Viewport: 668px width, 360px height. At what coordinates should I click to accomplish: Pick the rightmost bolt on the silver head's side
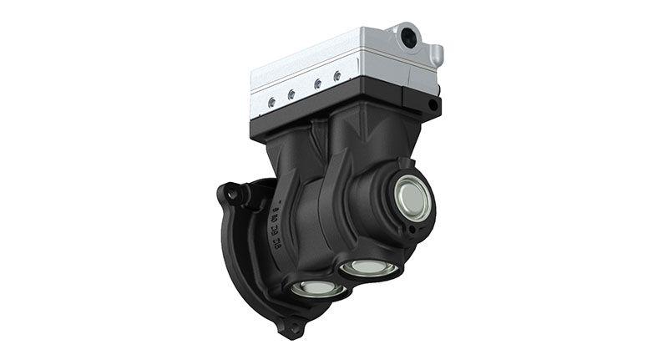pyautogui.click(x=337, y=76)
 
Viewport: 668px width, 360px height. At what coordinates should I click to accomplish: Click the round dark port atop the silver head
pyautogui.click(x=410, y=35)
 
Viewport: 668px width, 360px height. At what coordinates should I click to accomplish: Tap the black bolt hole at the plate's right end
pyautogui.click(x=432, y=105)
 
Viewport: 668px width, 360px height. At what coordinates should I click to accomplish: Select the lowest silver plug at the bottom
pyautogui.click(x=321, y=288)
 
